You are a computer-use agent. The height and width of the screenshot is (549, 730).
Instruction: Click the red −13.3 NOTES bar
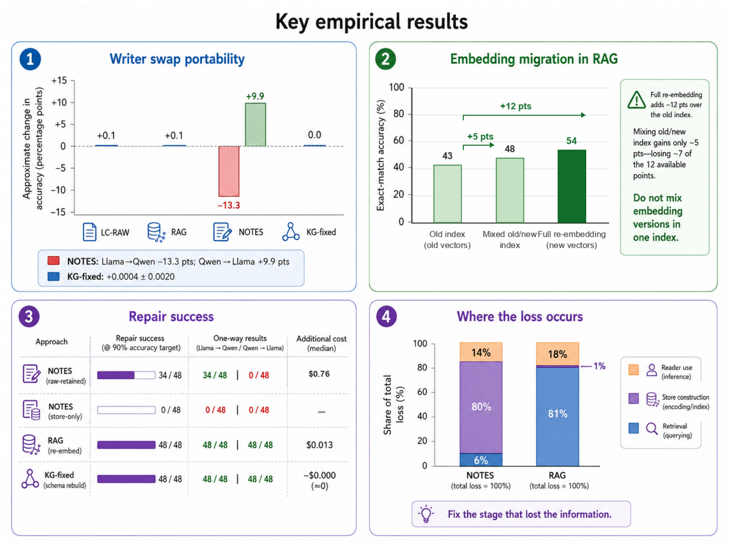click(229, 171)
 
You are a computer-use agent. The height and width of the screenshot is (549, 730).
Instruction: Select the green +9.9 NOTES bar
click(255, 125)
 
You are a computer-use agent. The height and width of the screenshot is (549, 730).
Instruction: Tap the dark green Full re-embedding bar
click(572, 186)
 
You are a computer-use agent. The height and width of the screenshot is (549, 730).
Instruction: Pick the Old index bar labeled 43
click(447, 194)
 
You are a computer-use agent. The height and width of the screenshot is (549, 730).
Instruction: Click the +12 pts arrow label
click(516, 106)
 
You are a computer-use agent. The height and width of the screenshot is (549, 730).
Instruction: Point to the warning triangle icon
click(636, 100)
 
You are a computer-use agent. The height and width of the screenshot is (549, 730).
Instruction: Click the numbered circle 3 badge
click(29, 316)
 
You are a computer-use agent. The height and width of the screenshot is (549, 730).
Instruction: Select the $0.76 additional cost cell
click(319, 374)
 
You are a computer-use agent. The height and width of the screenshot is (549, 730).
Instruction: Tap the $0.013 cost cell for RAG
click(319, 445)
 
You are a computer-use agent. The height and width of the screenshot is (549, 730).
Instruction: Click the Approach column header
click(51, 342)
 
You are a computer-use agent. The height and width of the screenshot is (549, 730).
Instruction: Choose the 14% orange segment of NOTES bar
click(481, 352)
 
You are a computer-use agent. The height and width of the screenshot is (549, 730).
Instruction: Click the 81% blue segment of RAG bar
click(558, 417)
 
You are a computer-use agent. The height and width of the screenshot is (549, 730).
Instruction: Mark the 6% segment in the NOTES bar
click(481, 460)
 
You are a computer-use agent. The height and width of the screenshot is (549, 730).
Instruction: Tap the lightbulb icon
click(426, 513)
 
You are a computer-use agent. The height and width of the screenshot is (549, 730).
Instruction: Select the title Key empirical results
click(372, 22)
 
